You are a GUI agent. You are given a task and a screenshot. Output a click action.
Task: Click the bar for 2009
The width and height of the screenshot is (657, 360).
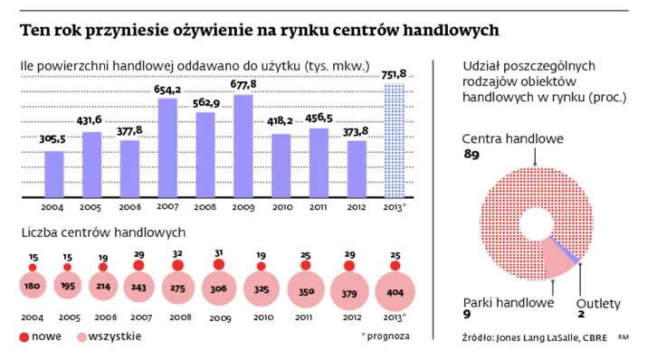(243, 146)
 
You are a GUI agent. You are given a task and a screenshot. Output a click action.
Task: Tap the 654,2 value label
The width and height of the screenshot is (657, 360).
(168, 90)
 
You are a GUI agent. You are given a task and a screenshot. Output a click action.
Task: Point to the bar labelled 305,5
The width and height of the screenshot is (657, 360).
(54, 174)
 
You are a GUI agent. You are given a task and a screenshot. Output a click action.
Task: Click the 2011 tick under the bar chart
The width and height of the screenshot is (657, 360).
(319, 207)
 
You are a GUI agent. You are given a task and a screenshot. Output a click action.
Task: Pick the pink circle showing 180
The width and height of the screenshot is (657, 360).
(33, 287)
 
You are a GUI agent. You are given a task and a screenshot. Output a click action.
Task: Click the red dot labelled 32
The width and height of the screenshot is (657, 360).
(176, 266)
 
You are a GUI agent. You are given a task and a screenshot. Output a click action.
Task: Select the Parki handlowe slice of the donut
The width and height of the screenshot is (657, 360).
(556, 262)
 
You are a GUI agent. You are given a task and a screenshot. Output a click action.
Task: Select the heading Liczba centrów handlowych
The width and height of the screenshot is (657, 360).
(103, 233)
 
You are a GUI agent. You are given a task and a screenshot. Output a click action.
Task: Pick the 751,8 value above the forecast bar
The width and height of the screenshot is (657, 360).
(395, 74)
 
